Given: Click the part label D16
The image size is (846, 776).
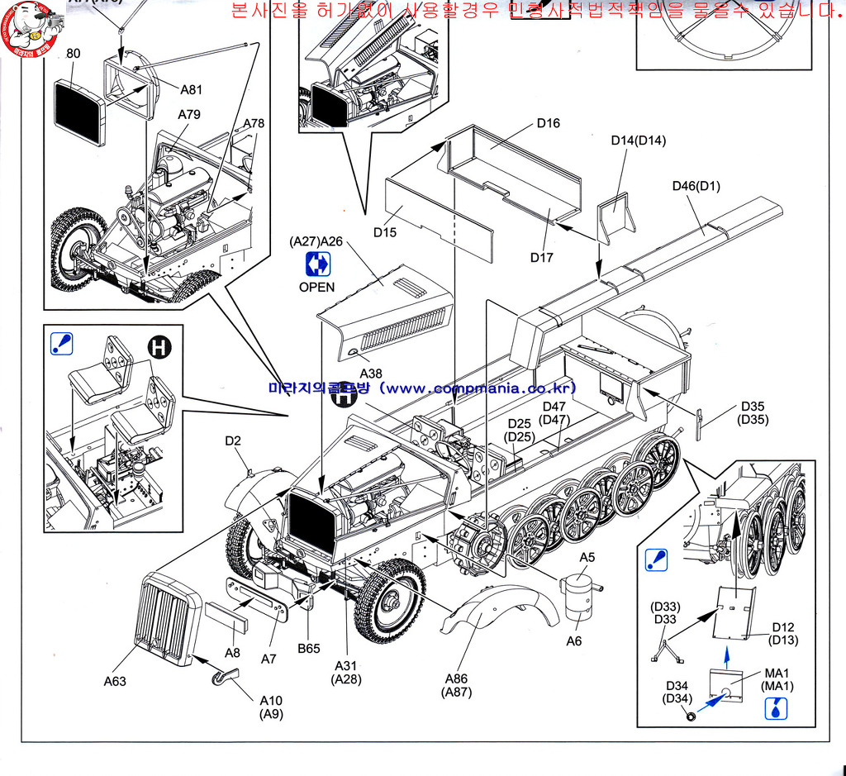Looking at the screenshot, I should (548, 123).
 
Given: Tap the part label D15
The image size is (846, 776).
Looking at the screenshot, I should (384, 232).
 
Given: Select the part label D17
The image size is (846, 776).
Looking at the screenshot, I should (541, 257).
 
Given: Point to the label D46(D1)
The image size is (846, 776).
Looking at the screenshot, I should (696, 186).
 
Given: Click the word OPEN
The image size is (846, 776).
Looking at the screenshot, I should (317, 287).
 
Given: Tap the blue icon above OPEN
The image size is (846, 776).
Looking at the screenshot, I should (318, 264).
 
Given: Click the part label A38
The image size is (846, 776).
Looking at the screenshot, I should (371, 374).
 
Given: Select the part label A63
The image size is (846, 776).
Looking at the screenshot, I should (116, 681).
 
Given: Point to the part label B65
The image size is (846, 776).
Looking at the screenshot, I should (309, 649).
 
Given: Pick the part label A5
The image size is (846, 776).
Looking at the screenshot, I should (586, 557).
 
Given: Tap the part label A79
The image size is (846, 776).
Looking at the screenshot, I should (188, 114).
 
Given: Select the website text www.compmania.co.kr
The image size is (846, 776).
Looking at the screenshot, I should (479, 388).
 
